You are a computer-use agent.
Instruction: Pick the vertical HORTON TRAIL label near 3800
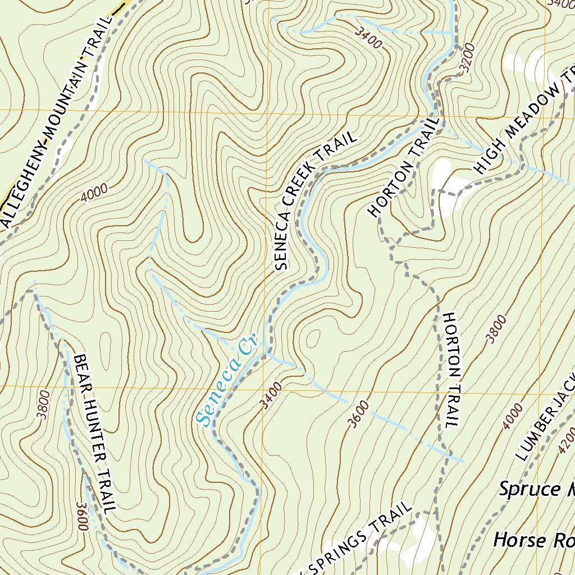click(x=451, y=371)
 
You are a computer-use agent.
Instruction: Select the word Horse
click(x=519, y=540)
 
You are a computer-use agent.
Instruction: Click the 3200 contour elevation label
click(x=467, y=58)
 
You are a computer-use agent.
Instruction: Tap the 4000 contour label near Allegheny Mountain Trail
click(x=94, y=194)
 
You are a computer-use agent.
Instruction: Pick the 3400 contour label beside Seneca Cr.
click(x=271, y=395)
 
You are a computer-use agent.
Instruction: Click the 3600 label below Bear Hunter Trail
click(x=83, y=517)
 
